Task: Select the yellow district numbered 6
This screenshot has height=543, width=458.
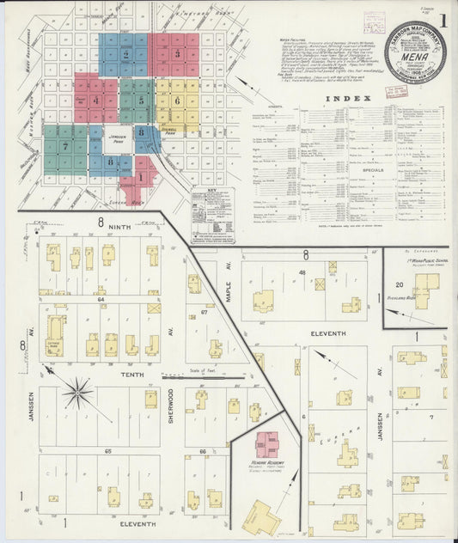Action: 176,101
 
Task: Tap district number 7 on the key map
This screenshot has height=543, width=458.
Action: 65,146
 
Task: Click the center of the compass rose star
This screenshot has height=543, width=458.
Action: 77,394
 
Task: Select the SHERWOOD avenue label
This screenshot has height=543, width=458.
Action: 170,404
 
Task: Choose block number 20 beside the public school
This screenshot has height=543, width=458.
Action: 399,284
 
